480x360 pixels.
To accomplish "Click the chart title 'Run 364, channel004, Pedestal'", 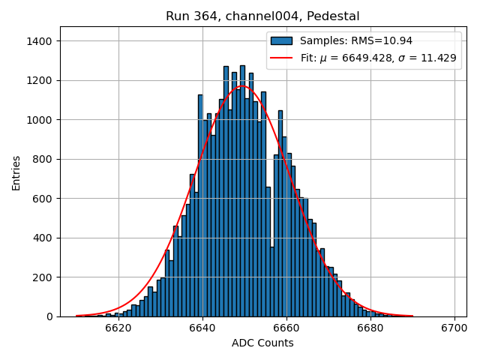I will (262, 16).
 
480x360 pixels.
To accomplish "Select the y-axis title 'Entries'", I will (16, 172).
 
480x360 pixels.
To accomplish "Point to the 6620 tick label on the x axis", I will (118, 328).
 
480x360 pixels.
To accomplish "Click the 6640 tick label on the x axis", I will (202, 328).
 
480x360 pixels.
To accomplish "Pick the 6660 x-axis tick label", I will (286, 328).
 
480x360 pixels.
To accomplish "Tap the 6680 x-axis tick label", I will (370, 328).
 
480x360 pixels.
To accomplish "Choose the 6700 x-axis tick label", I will (454, 328).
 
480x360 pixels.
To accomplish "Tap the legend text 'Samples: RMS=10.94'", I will (356, 41).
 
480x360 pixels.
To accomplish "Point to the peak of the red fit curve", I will (242, 85).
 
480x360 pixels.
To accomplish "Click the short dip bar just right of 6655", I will (272, 281).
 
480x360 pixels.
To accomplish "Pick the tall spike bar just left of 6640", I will (200, 205).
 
